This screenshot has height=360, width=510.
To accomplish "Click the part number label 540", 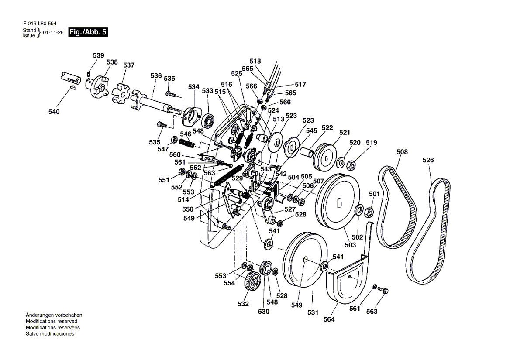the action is [x=54, y=111].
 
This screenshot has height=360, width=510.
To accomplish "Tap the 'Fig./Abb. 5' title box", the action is [x=88, y=32].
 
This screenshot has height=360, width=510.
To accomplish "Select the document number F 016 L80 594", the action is [x=40, y=24].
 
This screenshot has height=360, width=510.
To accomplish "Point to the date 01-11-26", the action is [x=53, y=32].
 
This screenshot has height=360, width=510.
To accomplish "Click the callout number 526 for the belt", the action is [x=428, y=160].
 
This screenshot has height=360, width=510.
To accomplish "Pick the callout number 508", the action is [x=402, y=152].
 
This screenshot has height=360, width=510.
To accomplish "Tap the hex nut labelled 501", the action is [x=369, y=213].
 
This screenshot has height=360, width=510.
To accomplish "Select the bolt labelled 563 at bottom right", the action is [x=384, y=290].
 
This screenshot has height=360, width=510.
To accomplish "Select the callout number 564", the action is [x=329, y=319].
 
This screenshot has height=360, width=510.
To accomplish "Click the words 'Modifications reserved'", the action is [x=52, y=321].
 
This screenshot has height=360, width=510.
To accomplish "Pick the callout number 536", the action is [x=156, y=75].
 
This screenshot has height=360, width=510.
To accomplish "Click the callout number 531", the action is [x=313, y=312].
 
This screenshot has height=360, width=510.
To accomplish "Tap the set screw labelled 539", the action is [x=89, y=75].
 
